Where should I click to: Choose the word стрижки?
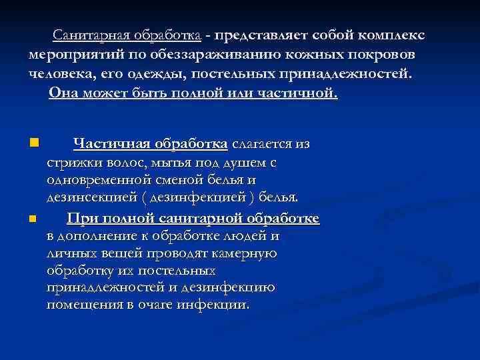pyautogui.click(x=70, y=162)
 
